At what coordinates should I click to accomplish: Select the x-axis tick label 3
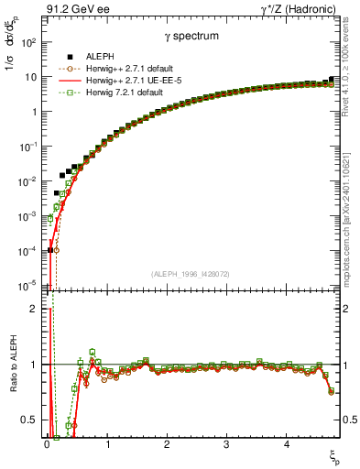coord(226,444)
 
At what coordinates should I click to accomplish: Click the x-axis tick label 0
coord(47,444)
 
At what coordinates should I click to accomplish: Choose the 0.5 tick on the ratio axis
coord(29,420)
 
